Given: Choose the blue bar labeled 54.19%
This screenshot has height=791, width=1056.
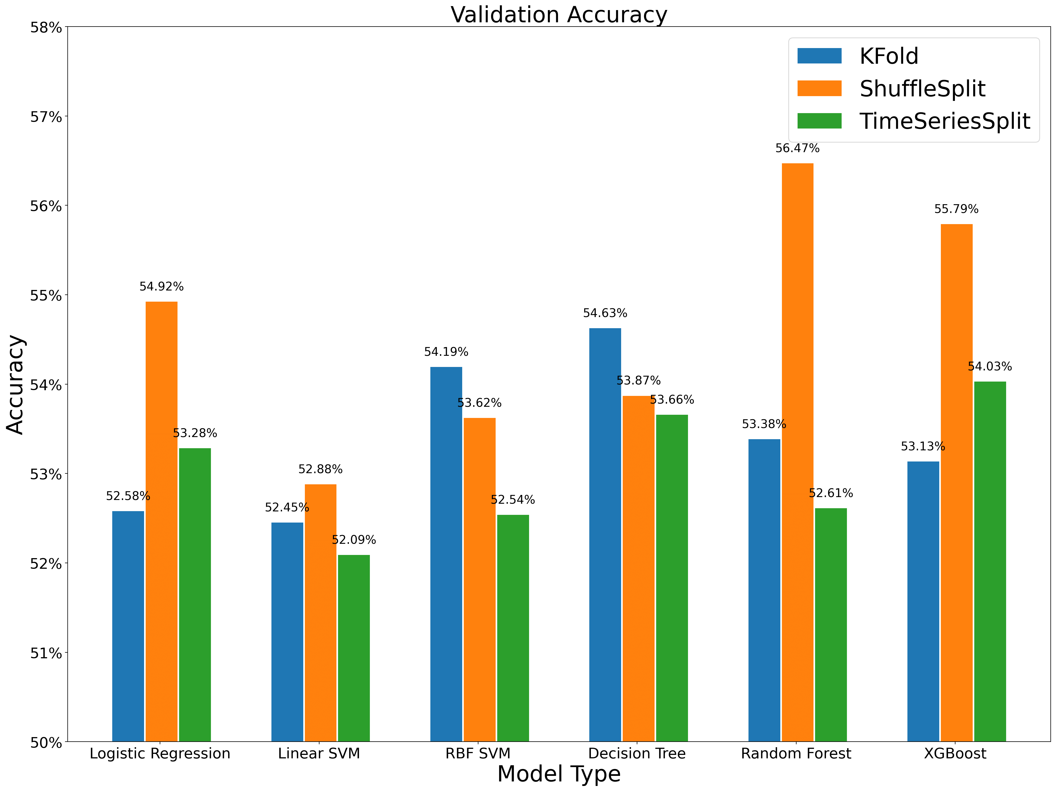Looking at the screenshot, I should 446,554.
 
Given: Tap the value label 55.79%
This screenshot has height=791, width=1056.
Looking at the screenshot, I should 956,209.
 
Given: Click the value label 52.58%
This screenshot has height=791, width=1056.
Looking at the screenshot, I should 128,496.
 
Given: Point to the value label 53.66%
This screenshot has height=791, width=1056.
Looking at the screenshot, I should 672,400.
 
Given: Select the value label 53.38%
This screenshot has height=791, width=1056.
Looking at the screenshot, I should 764,424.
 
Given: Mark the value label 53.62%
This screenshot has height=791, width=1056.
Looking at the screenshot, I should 479,403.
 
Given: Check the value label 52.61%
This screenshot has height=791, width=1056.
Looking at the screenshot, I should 831,493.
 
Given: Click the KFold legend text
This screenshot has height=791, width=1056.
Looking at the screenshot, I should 889,56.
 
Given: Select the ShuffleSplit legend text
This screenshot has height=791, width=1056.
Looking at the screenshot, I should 922,89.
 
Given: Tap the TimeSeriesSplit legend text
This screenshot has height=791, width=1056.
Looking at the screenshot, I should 945,121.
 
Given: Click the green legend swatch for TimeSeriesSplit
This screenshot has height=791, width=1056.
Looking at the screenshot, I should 819,121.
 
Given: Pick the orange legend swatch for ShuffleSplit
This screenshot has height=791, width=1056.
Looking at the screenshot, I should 819,88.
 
